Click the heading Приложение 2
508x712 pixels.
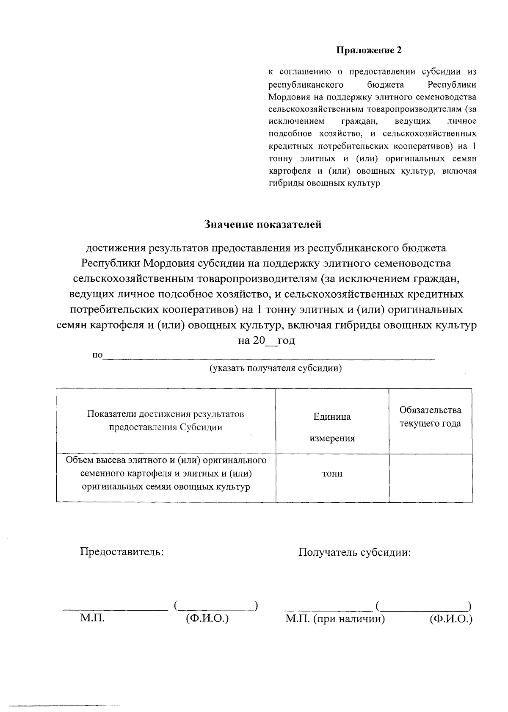tap(369, 50)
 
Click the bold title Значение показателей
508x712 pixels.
tap(263, 224)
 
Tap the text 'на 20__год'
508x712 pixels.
tap(266, 340)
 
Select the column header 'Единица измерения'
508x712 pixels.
tap(332, 427)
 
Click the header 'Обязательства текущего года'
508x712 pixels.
tap(430, 416)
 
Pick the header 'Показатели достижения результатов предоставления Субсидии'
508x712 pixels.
tap(166, 420)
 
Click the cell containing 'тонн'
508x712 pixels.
tap(332, 474)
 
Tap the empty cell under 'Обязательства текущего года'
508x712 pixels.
tap(430, 478)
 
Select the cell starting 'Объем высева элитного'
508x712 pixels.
tap(166, 474)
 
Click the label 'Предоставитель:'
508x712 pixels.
tap(122, 552)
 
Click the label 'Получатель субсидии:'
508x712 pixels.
tap(355, 552)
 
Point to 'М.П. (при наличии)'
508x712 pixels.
tap(335, 619)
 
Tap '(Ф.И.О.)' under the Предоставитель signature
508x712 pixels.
tap(207, 618)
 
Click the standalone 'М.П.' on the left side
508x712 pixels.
tap(92, 618)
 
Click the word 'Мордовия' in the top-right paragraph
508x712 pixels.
tap(284, 97)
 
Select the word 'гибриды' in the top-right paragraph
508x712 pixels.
tap(283, 183)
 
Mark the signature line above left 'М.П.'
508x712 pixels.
tap(115, 609)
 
